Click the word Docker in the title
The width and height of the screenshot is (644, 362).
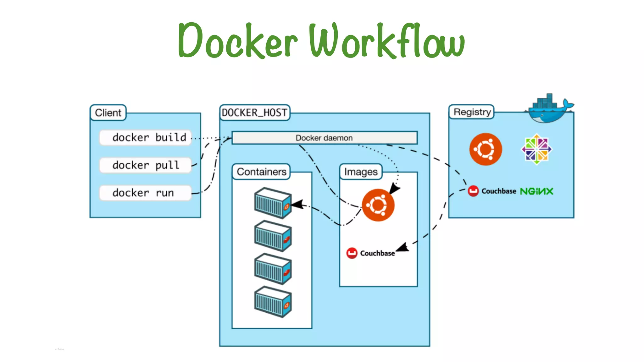237,41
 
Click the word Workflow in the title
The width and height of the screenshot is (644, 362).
387,41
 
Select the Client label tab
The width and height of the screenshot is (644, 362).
108,112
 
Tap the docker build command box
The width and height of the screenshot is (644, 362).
146,138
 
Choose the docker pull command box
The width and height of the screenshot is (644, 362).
146,165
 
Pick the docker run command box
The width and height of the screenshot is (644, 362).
146,193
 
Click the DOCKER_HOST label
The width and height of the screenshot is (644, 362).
254,112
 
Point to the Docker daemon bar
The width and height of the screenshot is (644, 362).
324,138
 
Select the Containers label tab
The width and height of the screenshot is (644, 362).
261,172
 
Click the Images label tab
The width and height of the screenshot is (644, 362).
361,172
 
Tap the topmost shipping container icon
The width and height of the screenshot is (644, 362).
273,203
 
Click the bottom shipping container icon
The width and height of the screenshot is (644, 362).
273,302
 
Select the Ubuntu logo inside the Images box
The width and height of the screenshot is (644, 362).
378,205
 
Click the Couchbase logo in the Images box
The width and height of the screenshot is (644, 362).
370,253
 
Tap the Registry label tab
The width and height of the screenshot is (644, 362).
472,112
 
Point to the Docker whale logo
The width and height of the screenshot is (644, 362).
549,108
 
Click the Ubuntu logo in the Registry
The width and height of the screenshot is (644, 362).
486,149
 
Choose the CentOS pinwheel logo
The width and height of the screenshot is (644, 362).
536,149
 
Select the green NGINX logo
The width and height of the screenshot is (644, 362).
536,191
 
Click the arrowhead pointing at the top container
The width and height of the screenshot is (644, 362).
297,205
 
